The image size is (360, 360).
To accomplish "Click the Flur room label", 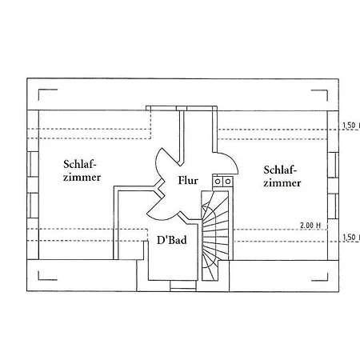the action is [188, 180].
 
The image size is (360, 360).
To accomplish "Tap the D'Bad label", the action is [172, 240].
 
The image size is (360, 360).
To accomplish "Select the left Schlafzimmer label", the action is [82, 170].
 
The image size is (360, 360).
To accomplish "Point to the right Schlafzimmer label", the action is [282, 176].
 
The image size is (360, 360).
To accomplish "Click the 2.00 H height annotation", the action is [310, 226].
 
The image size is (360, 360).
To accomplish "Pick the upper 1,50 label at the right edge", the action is [351, 126].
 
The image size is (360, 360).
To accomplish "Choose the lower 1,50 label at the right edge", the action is [351, 237].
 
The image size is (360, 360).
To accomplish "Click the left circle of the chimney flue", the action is [218, 182].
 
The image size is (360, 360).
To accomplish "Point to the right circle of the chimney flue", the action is [228, 182].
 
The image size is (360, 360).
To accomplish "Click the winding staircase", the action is [215, 236].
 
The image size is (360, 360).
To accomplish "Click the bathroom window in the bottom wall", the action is [183, 286].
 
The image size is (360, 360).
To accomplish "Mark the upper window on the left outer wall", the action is [33, 164].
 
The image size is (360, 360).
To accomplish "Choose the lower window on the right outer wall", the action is [333, 206].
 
